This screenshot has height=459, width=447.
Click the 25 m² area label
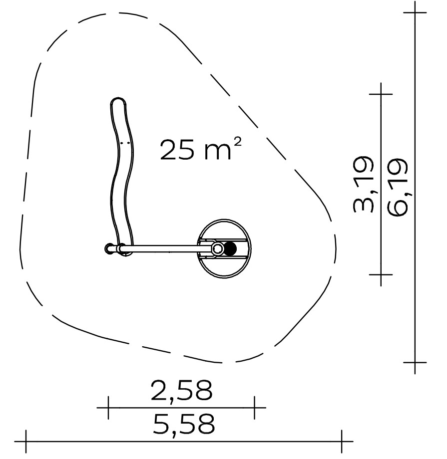tap(201, 149)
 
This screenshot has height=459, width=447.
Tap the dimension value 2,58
tap(181, 391)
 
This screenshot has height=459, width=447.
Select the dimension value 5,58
tap(184, 424)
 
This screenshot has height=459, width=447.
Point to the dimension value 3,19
tap(364, 184)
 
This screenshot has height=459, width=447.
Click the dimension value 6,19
tap(398, 188)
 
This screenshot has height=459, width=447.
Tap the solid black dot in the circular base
tap(230, 249)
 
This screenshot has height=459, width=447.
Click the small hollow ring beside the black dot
tap(217, 249)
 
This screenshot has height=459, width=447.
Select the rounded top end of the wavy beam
tap(118, 102)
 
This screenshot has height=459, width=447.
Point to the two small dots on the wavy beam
tap(125, 143)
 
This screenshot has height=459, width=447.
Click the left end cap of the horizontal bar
tap(109, 249)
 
